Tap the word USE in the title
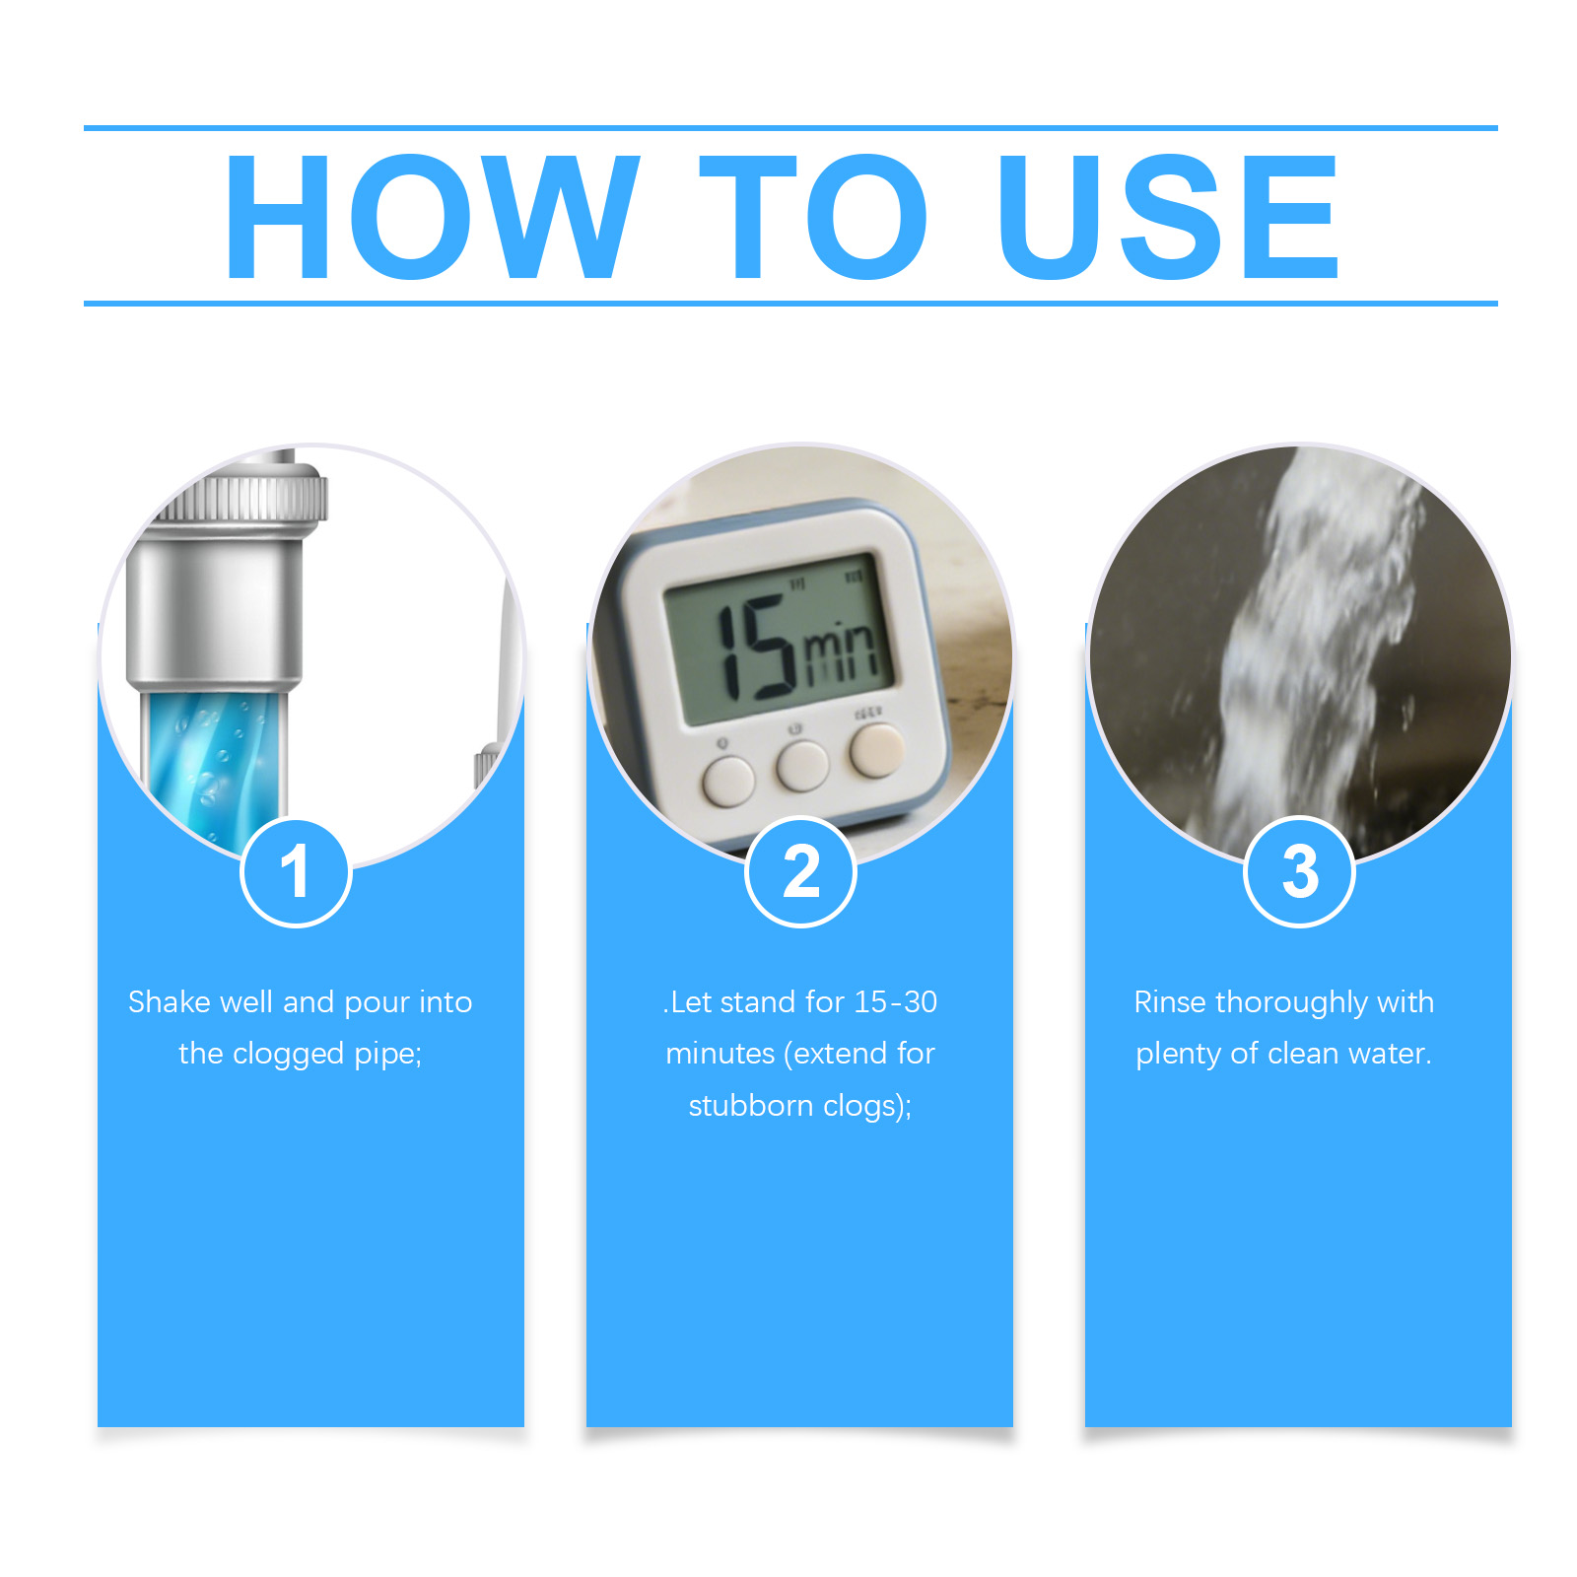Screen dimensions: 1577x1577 pos(1168,217)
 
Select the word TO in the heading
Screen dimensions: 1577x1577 pos(813,217)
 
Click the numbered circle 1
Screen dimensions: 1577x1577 pos(296,872)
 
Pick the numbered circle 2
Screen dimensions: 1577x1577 pos(800,872)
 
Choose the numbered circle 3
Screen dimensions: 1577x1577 pos(1300,872)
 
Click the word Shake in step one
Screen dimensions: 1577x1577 pos(170,1001)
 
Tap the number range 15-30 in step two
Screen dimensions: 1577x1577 pos(895,1001)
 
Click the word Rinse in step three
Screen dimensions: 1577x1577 pos(1170,1001)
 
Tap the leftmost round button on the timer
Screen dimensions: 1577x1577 pos(728,781)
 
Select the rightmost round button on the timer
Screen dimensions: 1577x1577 pos(877,751)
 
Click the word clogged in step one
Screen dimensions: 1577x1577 pos(289,1055)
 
